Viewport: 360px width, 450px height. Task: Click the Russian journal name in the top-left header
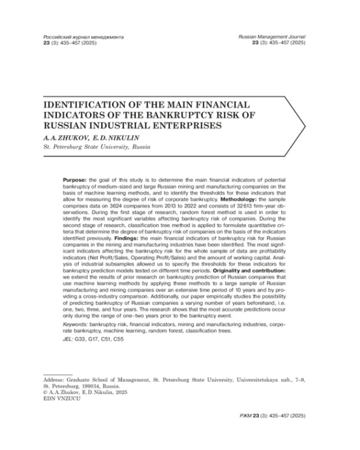(x=84, y=36)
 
